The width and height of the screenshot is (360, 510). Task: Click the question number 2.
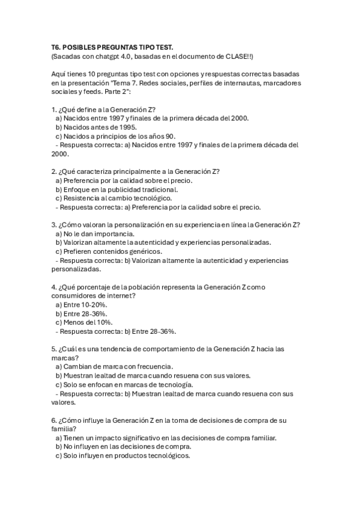coord(53,171)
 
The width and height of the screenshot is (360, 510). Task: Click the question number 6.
coord(53,420)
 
